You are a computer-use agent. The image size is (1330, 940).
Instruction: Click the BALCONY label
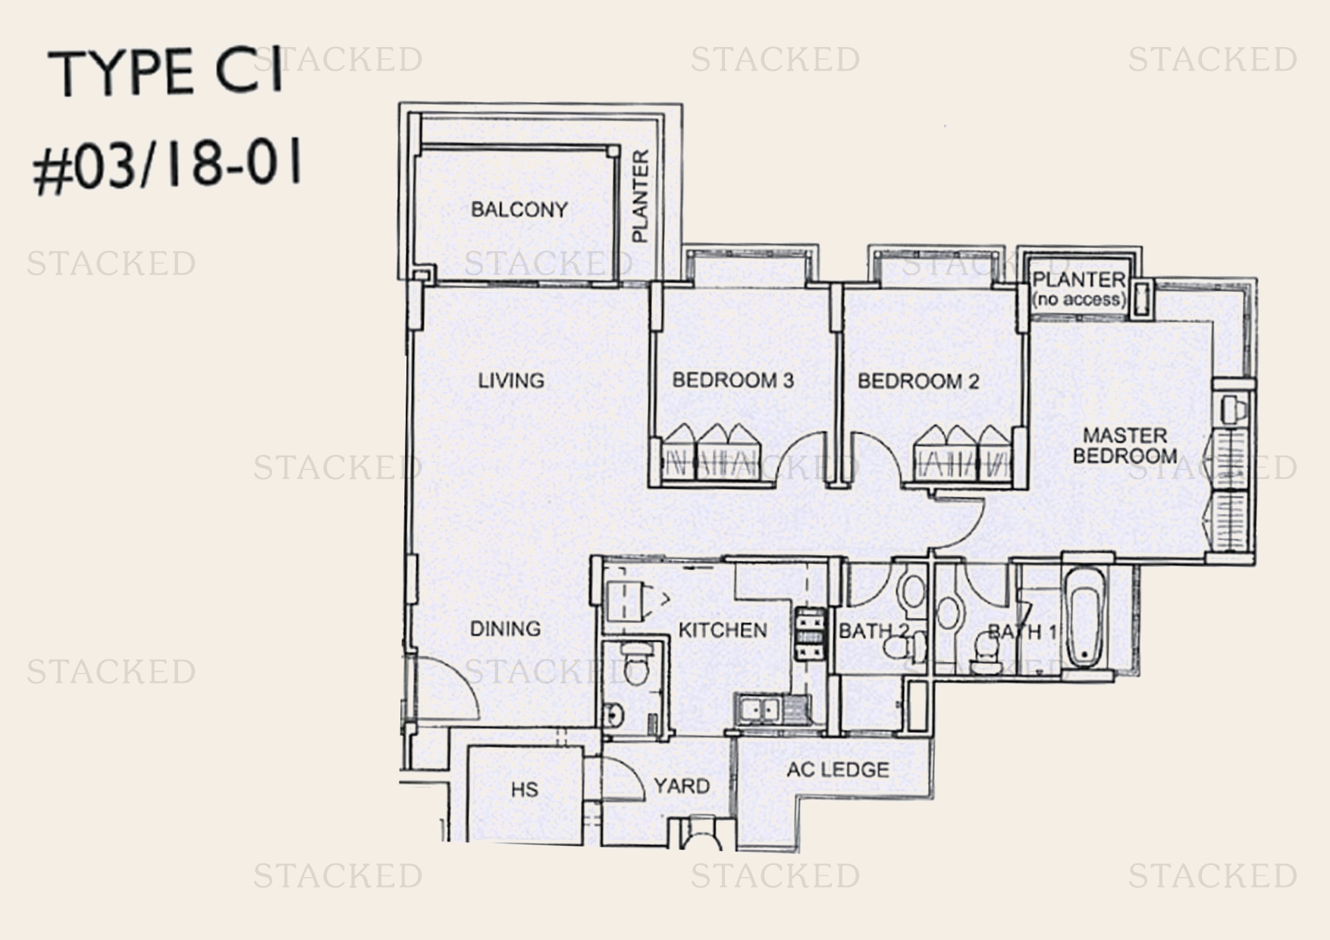coord(519,209)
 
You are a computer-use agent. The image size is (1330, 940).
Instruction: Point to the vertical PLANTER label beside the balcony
coord(641,196)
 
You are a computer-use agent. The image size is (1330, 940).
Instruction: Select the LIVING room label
coord(511,380)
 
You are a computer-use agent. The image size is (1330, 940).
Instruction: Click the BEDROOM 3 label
coord(732,380)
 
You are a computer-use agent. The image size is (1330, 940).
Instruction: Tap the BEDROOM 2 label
coord(918,381)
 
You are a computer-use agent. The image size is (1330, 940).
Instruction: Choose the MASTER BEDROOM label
coord(1125,445)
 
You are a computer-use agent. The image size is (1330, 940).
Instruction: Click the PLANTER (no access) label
coord(1079,289)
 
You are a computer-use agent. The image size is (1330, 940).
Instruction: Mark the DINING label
coord(505,628)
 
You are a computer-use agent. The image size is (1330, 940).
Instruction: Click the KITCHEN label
coord(722,629)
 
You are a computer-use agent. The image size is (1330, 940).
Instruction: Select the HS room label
coord(524,790)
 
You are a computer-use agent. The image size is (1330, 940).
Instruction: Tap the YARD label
coord(681,785)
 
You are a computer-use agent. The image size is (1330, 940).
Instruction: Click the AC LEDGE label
coord(837,769)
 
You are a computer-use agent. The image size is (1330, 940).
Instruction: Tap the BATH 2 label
coord(872,631)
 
